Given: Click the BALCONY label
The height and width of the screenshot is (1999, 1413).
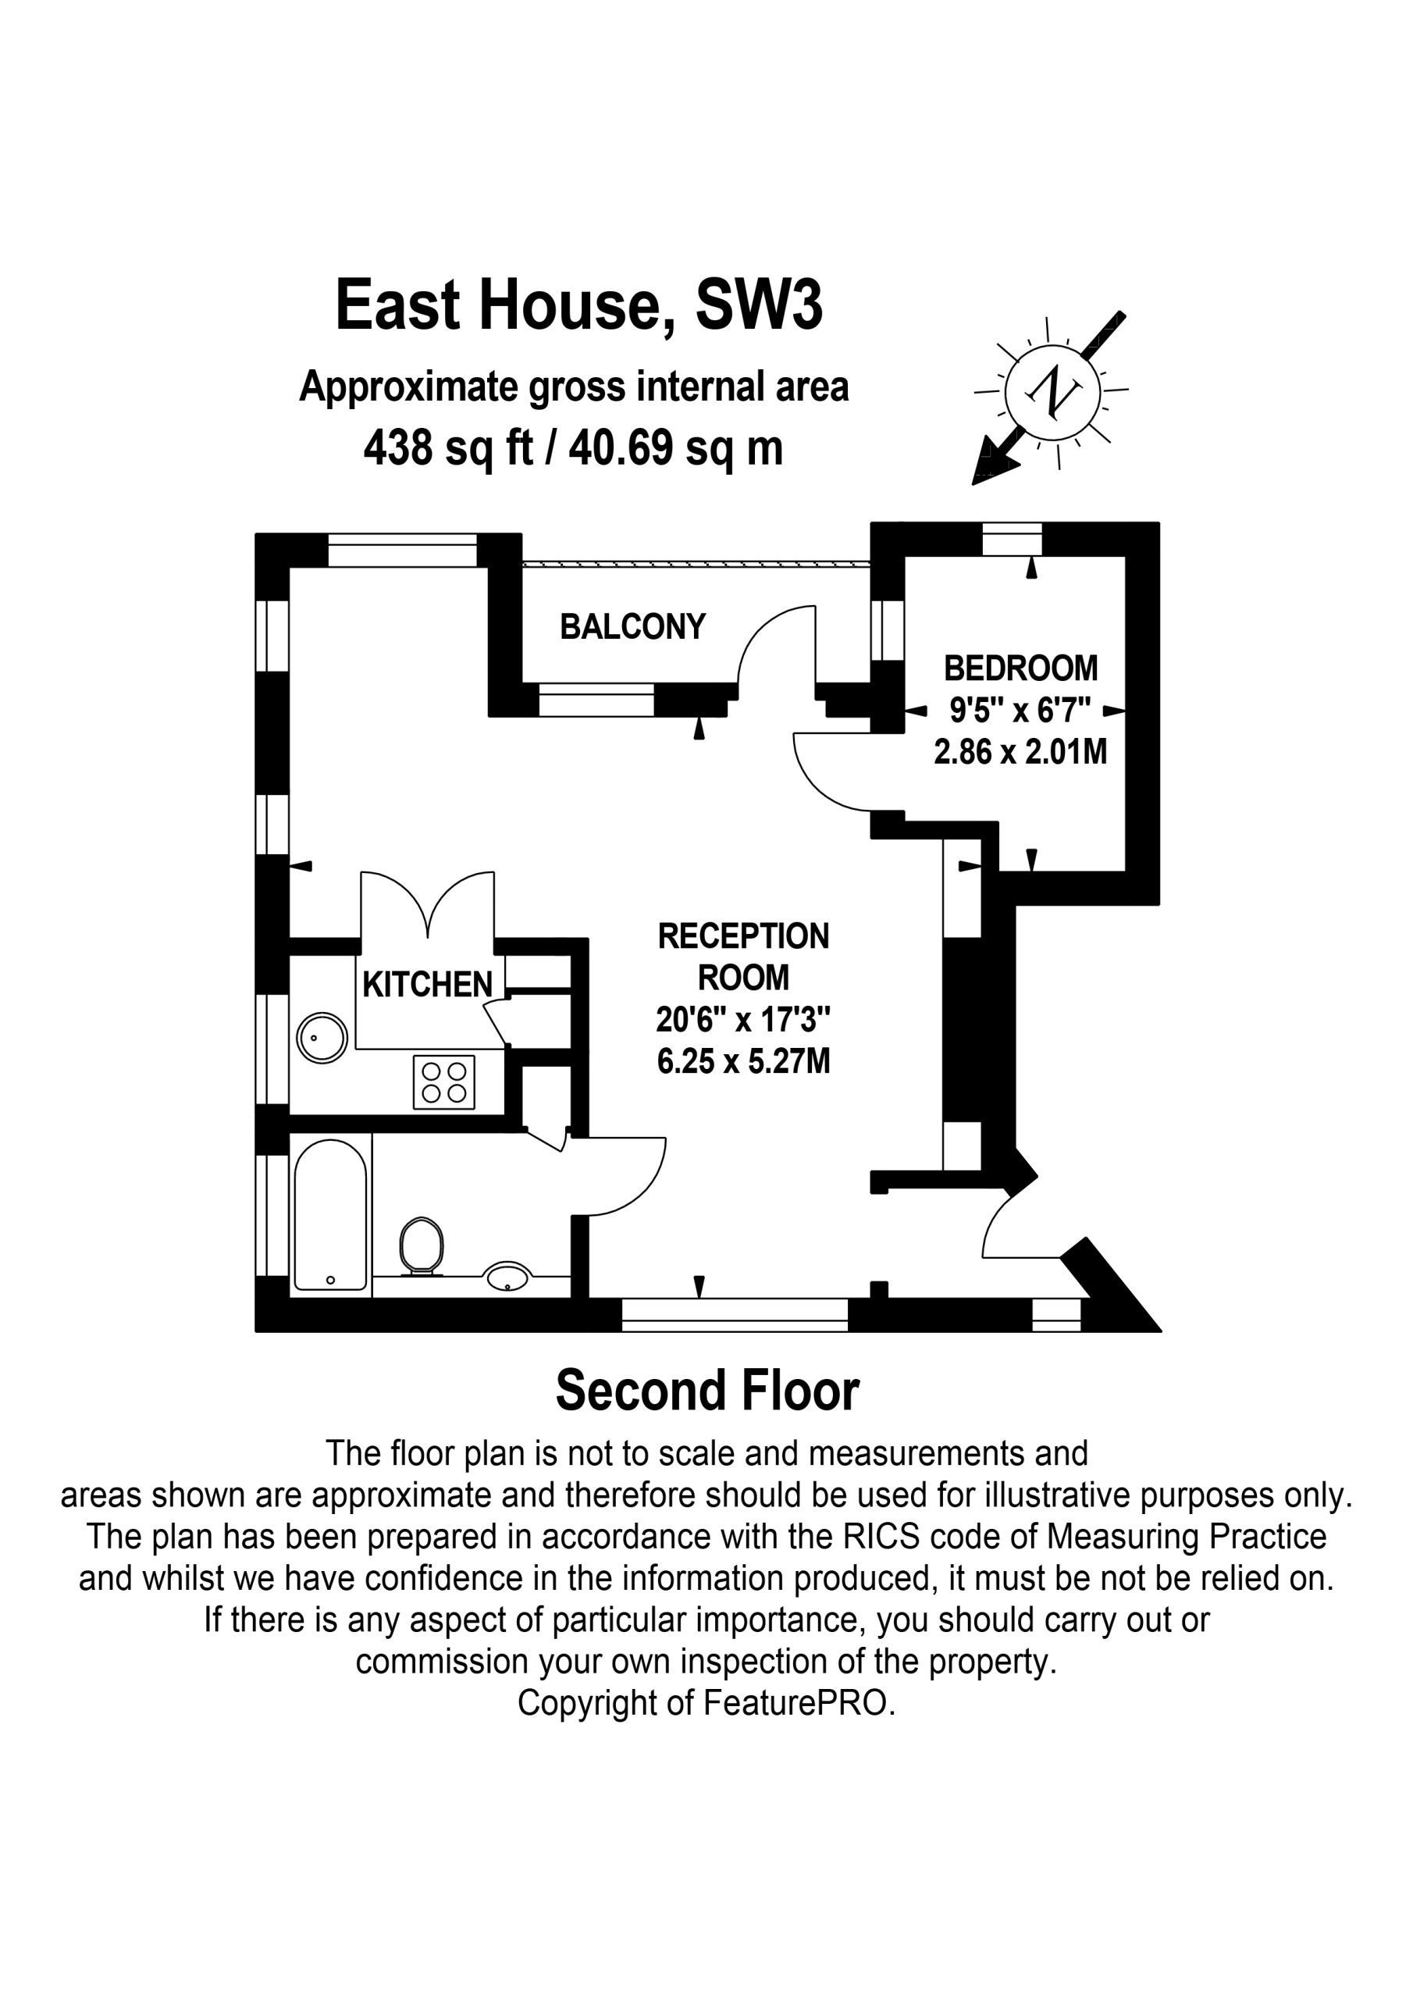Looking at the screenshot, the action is click(632, 627).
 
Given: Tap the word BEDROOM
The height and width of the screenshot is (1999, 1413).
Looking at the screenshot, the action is click(1021, 668).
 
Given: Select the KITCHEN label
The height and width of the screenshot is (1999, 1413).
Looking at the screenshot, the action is click(428, 985).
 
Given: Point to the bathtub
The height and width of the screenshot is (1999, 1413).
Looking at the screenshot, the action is click(331, 1214).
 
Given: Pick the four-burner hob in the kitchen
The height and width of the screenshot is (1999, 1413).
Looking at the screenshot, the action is click(444, 1082).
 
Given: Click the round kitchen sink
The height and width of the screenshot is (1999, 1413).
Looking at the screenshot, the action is click(322, 1038).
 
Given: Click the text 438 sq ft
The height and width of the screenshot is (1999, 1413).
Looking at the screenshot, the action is click(448, 448).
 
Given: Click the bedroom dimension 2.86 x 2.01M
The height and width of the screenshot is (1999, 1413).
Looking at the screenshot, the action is click(1020, 751).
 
